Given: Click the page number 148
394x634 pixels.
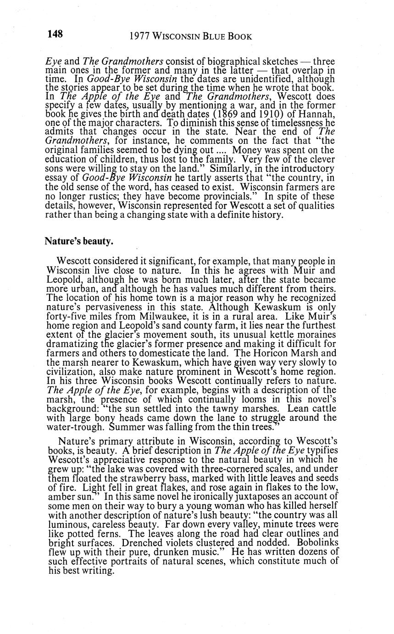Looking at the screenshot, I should click(54, 34).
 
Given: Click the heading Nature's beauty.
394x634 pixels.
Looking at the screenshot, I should click(78, 241).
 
